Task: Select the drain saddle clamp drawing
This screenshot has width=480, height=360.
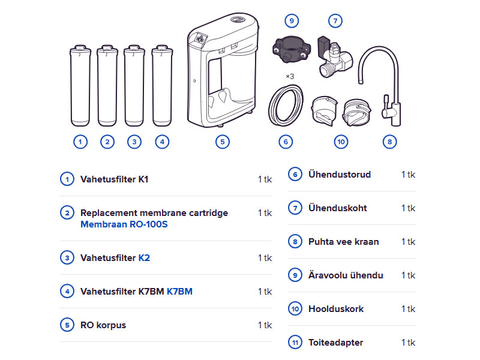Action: (291, 49)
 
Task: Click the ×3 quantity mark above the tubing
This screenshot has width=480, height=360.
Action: (290, 76)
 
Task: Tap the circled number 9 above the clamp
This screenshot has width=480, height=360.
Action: (292, 21)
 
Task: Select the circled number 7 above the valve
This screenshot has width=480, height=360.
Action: (335, 21)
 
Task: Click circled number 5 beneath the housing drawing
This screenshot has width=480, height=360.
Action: (223, 142)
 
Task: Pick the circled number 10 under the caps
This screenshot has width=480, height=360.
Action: (341, 142)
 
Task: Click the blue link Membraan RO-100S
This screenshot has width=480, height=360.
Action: (124, 224)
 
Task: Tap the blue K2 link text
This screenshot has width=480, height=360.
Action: (144, 258)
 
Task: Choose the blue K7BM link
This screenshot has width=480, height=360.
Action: (179, 292)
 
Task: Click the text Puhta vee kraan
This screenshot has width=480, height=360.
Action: (343, 242)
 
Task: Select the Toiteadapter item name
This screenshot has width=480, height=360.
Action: (336, 343)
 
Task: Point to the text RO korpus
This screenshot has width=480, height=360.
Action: (103, 325)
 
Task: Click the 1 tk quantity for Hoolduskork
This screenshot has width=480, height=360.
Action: (409, 309)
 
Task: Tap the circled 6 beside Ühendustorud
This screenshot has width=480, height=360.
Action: (295, 175)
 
